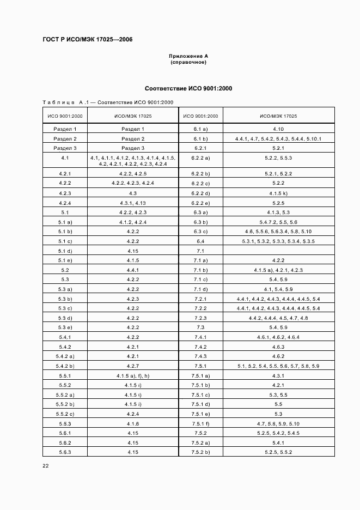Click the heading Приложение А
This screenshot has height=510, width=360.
[188, 56]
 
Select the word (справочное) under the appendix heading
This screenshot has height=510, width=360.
[188, 62]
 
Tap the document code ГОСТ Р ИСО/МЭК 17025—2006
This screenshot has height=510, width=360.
[87, 40]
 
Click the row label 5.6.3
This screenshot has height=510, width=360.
[65, 452]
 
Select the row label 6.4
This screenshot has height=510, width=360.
[200, 241]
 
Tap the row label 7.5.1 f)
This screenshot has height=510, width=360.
[200, 423]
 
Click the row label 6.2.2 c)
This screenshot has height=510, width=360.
[200, 183]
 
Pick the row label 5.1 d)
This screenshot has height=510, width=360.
[65, 251]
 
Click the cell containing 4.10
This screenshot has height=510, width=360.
[278, 129]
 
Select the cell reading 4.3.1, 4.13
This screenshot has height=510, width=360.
[133, 203]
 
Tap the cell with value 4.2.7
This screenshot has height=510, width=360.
[133, 366]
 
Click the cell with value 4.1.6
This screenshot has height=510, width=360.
[133, 423]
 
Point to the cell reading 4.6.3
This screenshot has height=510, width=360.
[278, 347]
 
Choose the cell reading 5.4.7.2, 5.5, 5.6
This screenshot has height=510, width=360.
[278, 222]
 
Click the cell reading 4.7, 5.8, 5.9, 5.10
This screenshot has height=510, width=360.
[278, 423]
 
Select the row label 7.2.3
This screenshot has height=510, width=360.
[200, 318]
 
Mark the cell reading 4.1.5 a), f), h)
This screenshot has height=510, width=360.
[133, 375]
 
